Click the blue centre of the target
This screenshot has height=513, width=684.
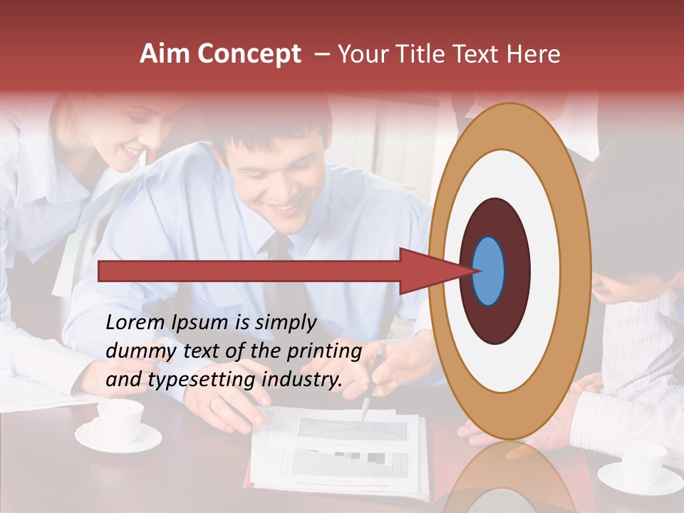(x=489, y=271)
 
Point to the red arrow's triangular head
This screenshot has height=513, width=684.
(x=431, y=271)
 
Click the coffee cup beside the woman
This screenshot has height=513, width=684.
(x=119, y=421)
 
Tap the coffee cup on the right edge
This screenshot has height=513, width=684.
(x=642, y=463)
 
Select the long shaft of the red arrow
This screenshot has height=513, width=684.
(x=249, y=271)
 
